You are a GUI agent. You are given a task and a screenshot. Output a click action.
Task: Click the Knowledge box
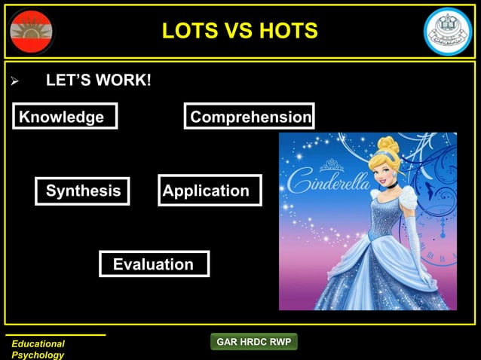click(65, 117)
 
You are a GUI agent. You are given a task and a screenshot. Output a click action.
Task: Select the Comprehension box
click(250, 117)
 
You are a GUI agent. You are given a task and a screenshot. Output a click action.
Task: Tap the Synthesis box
click(83, 191)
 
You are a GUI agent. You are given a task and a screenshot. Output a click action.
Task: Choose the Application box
click(210, 191)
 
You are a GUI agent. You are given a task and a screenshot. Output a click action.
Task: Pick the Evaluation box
click(154, 264)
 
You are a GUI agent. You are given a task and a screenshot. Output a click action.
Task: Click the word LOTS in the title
click(191, 32)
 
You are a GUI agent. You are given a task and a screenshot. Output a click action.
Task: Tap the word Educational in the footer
click(38, 343)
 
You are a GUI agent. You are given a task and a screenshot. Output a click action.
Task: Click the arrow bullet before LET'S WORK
click(12, 80)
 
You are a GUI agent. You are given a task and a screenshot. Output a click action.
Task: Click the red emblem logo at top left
click(32, 32)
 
